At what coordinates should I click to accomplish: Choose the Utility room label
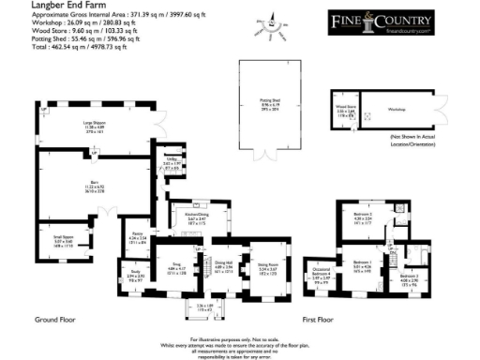[171, 160]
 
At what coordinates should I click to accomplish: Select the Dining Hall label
[223, 265]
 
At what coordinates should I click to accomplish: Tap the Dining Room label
[269, 265]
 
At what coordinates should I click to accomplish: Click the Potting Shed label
[271, 108]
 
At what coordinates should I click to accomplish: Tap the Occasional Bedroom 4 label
[320, 277]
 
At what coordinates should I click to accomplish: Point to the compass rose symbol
[273, 29]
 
